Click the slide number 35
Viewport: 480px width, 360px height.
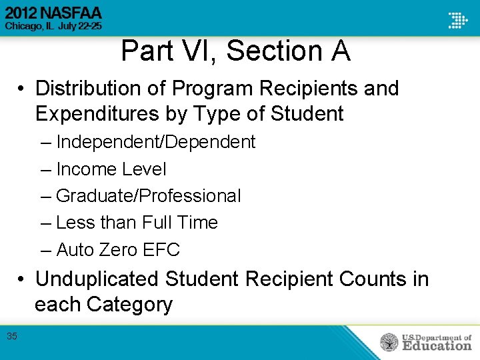(12, 336)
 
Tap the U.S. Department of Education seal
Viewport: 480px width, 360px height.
(389, 343)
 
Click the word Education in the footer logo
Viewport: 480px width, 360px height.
(437, 345)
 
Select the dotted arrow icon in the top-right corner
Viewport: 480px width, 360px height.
(457, 20)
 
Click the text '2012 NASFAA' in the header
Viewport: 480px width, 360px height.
(54, 13)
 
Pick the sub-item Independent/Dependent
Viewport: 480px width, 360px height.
(155, 142)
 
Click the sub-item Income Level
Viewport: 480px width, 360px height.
(111, 169)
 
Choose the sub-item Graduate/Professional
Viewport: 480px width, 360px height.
(149, 196)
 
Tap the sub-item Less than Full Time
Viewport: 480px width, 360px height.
(137, 223)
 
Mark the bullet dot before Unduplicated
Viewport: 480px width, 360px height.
(22, 279)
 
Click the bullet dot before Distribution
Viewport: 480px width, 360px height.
(22, 89)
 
